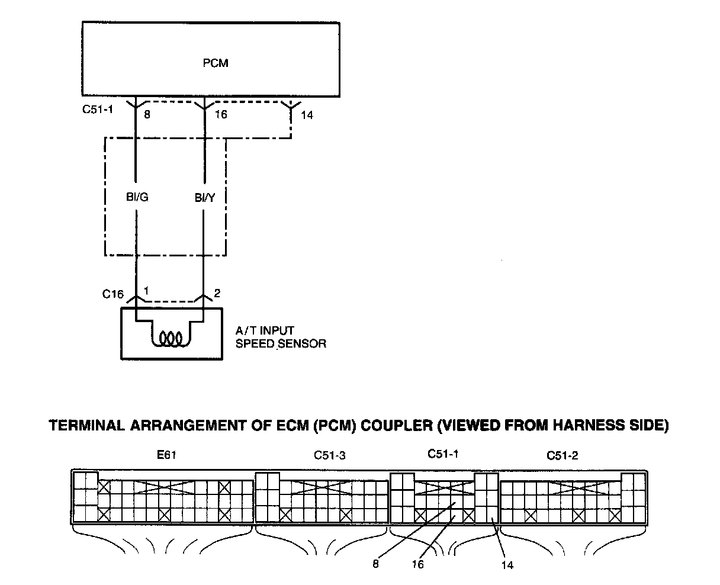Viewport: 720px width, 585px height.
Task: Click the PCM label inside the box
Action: tap(216, 63)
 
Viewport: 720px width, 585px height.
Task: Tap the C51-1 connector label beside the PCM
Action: tap(98, 109)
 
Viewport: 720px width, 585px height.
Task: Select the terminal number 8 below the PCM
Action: tap(147, 114)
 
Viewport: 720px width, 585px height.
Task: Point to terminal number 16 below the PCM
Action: tap(221, 114)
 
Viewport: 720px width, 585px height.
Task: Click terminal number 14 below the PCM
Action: tap(307, 115)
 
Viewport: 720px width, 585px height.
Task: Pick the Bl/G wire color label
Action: tap(137, 197)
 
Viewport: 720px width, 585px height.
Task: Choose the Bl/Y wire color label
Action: tap(205, 197)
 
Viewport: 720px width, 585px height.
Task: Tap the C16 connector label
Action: tap(113, 294)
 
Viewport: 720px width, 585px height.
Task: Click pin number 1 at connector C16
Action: tap(146, 291)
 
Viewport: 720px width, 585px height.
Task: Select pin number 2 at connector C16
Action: tap(217, 293)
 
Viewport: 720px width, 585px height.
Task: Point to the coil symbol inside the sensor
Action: tap(171, 338)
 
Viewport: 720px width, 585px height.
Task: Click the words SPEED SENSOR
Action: tap(281, 343)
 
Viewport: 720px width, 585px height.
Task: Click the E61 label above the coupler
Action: tap(166, 455)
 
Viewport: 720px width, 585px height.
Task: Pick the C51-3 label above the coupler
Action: tap(330, 455)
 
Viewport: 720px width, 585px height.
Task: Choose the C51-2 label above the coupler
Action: tap(562, 455)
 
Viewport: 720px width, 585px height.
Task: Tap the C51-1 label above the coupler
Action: tap(443, 454)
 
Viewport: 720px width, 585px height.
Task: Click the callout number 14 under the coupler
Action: tap(507, 565)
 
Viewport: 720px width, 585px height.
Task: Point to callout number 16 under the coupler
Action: tap(418, 564)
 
